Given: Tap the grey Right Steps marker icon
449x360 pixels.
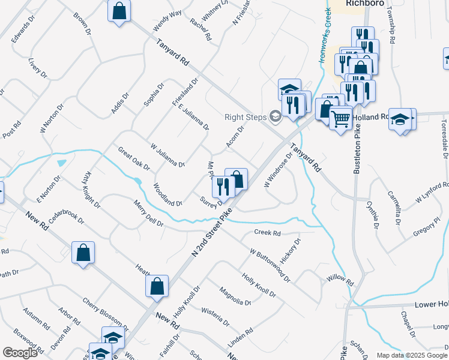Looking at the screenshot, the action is pos(276,116).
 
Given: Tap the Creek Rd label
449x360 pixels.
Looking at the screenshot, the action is pos(267,233).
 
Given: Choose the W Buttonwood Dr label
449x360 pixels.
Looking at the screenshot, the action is pos(270,267).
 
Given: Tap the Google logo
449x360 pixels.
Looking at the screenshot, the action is pos(20,353).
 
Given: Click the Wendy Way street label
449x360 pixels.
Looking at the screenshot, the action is pos(167,22).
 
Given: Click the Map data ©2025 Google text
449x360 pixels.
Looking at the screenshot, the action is pos(411,355).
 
